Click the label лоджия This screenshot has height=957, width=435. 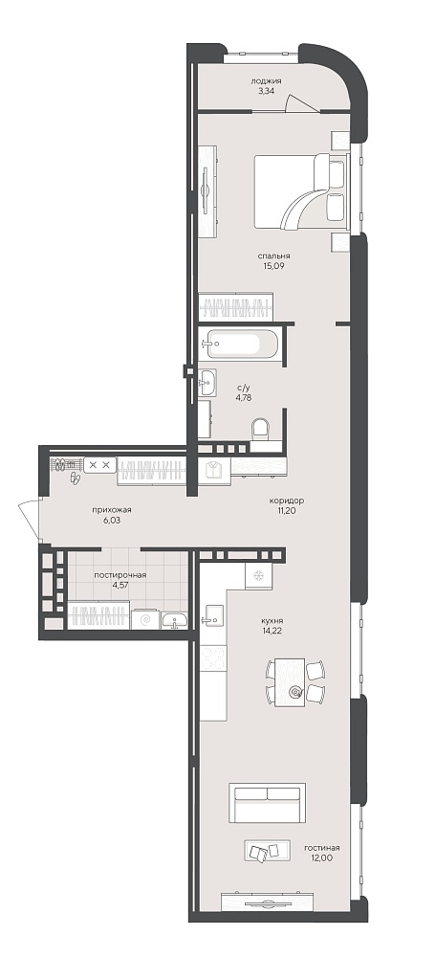click(x=266, y=80)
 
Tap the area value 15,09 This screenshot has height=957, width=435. click(x=272, y=265)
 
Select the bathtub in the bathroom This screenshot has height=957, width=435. click(x=242, y=345)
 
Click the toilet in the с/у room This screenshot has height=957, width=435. click(x=261, y=429)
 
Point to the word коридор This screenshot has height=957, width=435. click(x=286, y=501)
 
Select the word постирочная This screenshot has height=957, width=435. click(x=120, y=575)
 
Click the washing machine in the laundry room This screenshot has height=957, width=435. click(x=145, y=619)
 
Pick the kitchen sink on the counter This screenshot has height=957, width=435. click(x=213, y=615)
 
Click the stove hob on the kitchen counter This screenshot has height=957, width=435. click(x=213, y=658)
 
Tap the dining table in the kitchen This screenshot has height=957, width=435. click(x=290, y=681)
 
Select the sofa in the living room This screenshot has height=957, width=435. click(x=268, y=803)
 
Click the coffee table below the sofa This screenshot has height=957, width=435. click(x=267, y=851)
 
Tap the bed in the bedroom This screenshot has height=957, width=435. click(x=300, y=191)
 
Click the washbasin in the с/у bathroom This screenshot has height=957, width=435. click(x=207, y=384)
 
